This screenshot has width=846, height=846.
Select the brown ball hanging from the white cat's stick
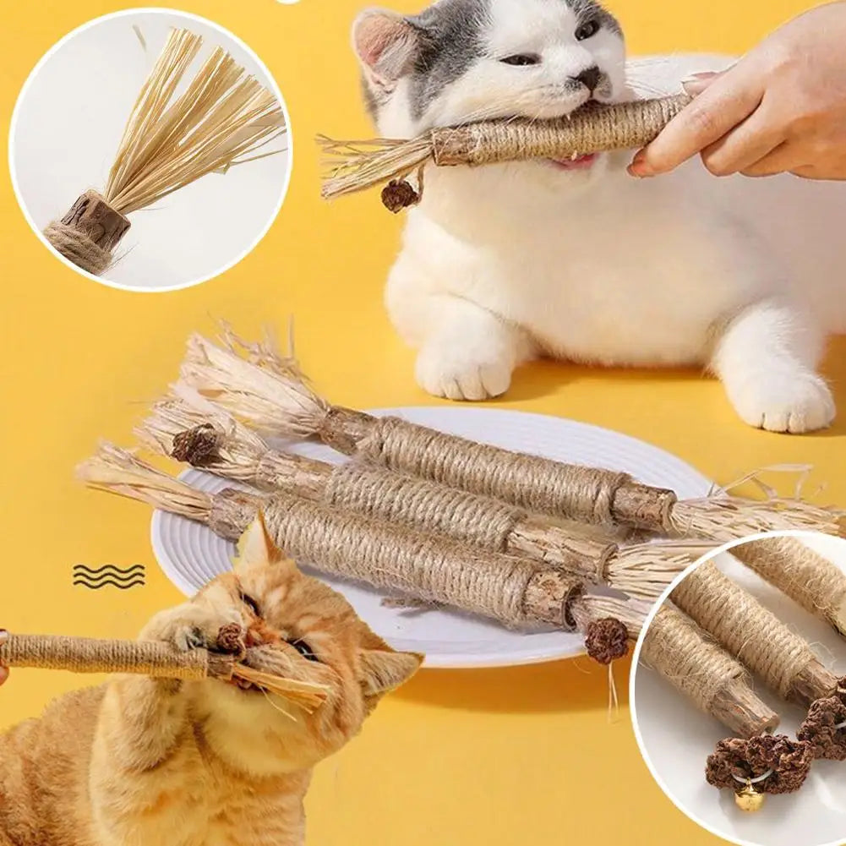point(399,195)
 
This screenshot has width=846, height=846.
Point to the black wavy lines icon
point(108,576)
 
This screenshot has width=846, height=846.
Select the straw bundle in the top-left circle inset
point(194,118)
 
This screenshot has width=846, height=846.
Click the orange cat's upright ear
point(258,545)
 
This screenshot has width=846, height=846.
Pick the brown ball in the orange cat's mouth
point(230,638)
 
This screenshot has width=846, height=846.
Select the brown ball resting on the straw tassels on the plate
point(196,445)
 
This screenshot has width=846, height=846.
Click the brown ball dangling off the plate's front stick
point(607,640)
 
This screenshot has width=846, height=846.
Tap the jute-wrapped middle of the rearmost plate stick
point(499,469)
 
